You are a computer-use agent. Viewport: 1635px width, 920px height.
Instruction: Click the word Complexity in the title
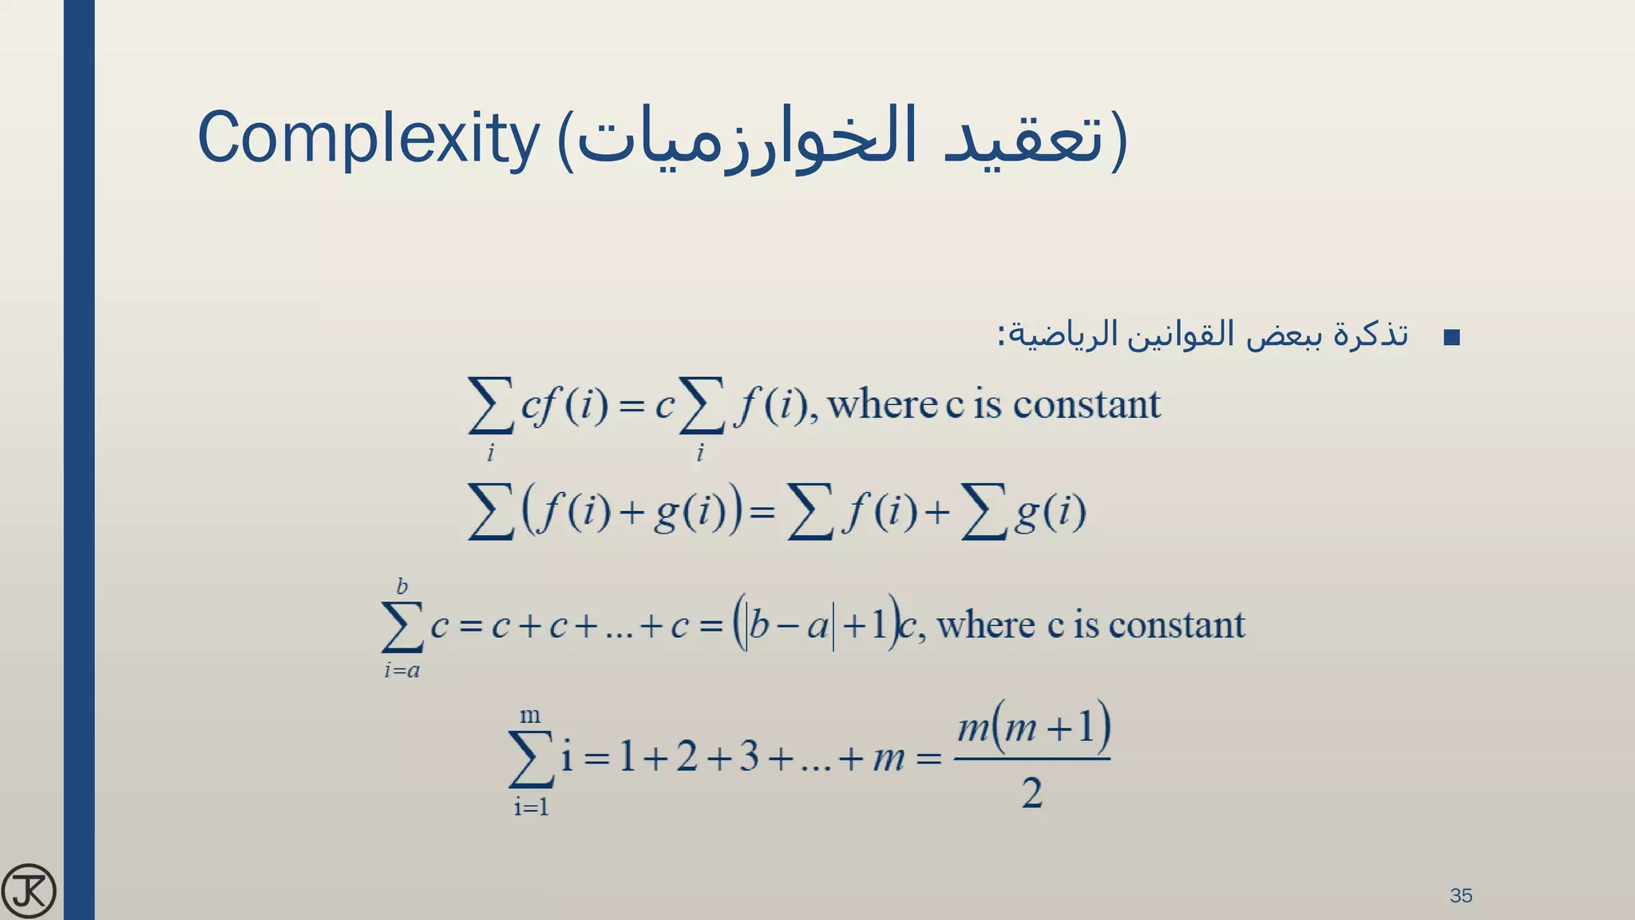[369, 138]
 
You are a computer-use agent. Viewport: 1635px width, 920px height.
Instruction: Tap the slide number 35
[1460, 895]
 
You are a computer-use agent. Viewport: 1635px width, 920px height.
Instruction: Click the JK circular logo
[29, 890]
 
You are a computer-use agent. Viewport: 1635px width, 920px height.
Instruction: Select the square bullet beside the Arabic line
[1452, 337]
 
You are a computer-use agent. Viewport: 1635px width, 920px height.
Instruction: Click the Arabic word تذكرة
[1372, 334]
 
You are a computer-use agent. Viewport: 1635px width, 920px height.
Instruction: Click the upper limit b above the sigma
[402, 587]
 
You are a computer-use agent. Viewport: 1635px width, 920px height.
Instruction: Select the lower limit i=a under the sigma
[402, 670]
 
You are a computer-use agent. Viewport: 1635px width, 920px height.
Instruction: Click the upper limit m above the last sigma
[530, 715]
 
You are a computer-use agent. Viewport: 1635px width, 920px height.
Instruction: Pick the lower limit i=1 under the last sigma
[531, 807]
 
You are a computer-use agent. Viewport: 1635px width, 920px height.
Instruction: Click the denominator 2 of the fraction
[1031, 793]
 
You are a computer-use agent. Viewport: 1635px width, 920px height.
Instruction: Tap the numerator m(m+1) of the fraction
[1033, 728]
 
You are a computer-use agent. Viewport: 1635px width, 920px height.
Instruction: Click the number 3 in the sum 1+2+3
[748, 756]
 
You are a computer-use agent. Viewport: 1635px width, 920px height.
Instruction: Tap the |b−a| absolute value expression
[790, 625]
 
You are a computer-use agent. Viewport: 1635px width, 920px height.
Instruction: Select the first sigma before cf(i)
[490, 405]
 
